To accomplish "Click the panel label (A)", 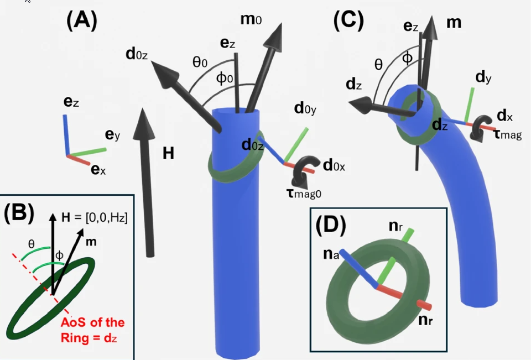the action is click(x=82, y=20).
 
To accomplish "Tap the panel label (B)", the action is click(x=19, y=213).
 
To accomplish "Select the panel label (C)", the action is click(x=348, y=20).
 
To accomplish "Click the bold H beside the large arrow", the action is click(x=168, y=153).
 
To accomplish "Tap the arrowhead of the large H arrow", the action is click(x=144, y=124).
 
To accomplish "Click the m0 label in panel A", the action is click(x=251, y=19).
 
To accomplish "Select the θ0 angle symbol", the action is click(x=200, y=62).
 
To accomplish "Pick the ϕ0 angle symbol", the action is click(x=225, y=79).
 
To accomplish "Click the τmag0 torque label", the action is click(x=304, y=194).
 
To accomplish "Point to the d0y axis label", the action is click(x=305, y=109).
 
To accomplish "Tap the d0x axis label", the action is click(x=334, y=165).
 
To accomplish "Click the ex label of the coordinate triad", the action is click(x=98, y=169).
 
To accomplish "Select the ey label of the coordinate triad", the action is click(x=112, y=135).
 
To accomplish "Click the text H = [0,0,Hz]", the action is click(x=95, y=217).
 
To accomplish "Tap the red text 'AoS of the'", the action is click(x=92, y=322).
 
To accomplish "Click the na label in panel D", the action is click(x=331, y=254).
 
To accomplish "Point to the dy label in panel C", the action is click(x=483, y=78).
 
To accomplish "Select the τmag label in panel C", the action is click(x=508, y=134).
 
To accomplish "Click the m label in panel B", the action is click(x=91, y=242).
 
